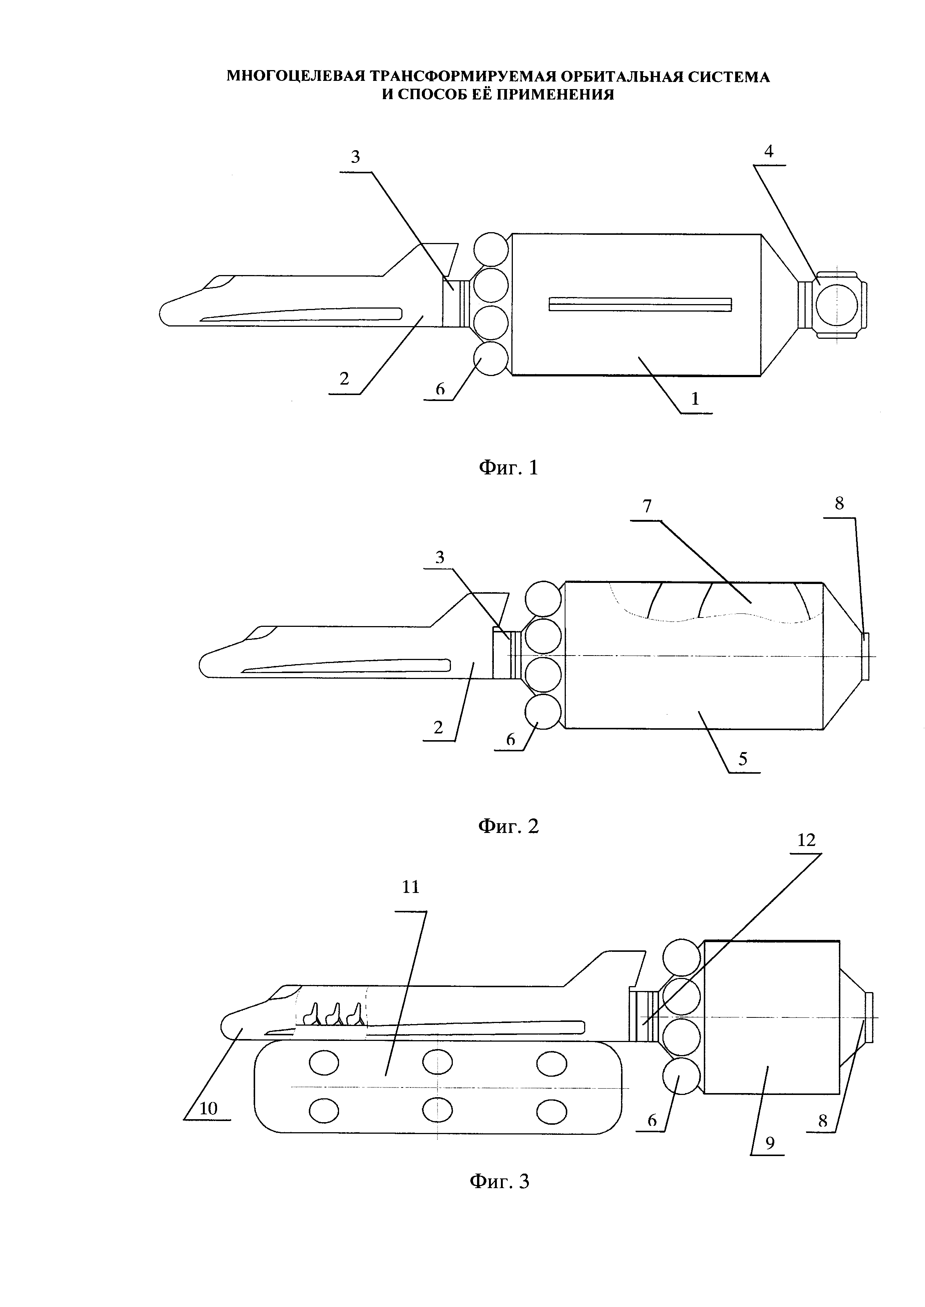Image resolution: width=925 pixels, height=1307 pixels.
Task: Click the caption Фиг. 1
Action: point(508,468)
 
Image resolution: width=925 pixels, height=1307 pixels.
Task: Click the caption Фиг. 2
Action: point(508,826)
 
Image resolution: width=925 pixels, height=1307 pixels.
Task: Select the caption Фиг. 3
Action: point(499,1181)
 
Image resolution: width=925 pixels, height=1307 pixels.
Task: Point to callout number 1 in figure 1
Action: point(695,400)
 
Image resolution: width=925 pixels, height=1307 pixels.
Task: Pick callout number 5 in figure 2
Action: point(743,759)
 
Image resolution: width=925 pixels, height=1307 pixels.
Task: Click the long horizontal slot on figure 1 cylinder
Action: point(640,304)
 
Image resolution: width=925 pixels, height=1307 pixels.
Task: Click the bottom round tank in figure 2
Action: point(543,711)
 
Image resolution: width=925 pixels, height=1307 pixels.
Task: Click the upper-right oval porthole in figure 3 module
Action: point(551,1062)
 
